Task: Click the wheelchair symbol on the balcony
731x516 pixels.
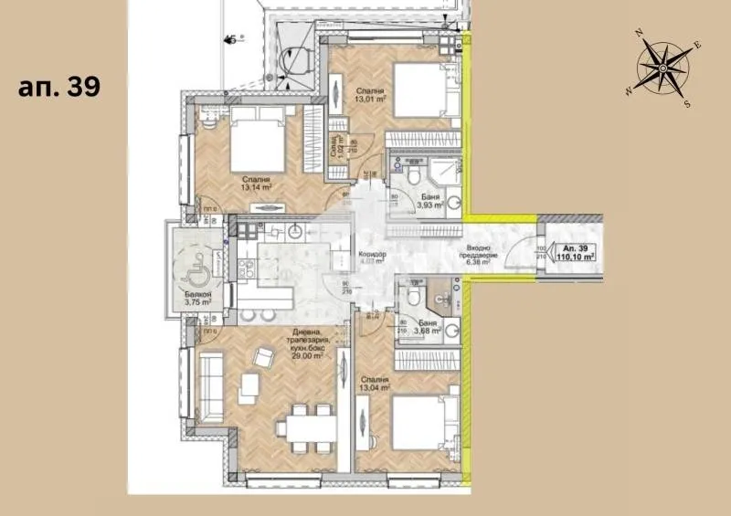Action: tap(194, 268)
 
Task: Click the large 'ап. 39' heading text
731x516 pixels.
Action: tap(58, 88)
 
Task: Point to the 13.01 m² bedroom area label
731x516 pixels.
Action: tap(371, 94)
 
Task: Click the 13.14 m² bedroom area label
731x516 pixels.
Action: tap(257, 185)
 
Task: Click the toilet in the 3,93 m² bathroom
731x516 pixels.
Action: tap(414, 174)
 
